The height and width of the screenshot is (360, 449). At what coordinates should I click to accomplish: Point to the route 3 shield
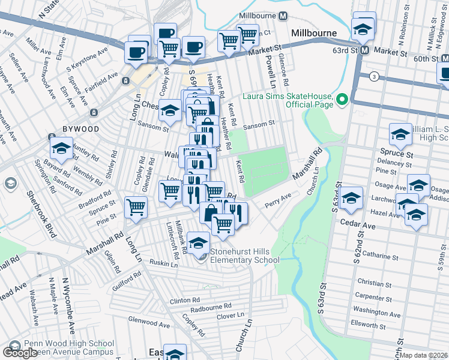click(x=375, y=76)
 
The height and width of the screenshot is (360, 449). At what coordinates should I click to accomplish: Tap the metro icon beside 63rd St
click(x=364, y=51)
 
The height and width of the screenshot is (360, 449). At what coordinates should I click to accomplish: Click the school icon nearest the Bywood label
click(x=61, y=148)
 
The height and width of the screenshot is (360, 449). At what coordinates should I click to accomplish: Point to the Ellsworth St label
click(x=369, y=326)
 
